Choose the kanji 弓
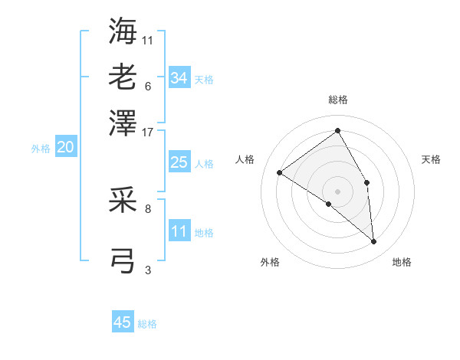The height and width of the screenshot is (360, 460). click(x=123, y=260)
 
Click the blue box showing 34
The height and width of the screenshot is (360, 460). click(x=179, y=77)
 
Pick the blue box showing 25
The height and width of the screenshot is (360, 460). click(x=179, y=162)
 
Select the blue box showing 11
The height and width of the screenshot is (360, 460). click(x=179, y=231)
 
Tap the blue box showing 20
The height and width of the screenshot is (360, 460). click(x=65, y=148)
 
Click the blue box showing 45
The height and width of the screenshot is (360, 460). click(x=123, y=322)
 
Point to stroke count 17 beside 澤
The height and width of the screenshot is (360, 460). click(x=148, y=132)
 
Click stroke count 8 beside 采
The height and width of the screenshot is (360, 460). click(x=148, y=208)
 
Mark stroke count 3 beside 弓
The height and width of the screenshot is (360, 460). click(x=148, y=269)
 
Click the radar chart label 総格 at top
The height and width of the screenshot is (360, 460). click(x=337, y=100)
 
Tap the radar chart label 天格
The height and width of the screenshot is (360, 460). click(x=431, y=159)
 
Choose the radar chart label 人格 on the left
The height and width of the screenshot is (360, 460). click(x=245, y=159)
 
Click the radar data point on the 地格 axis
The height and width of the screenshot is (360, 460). click(x=374, y=241)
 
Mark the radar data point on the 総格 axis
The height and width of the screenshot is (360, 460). click(x=337, y=131)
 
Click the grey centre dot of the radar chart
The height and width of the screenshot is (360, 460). click(x=337, y=191)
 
